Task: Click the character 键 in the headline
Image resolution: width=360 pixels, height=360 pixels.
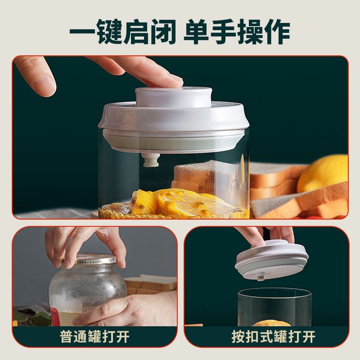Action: click(x=109, y=32)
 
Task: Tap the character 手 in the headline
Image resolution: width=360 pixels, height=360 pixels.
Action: click(x=223, y=32)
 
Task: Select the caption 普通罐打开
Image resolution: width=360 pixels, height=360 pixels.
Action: click(x=95, y=337)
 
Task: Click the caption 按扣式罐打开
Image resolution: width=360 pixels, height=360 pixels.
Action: click(x=273, y=337)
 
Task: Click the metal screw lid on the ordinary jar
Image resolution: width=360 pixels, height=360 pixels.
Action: click(x=96, y=260)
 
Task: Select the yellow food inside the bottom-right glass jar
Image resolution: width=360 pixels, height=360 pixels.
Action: click(x=271, y=323)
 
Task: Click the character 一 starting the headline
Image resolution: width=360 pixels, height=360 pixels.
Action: click(x=82, y=32)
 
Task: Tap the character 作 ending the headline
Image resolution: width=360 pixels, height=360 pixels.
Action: click(x=277, y=32)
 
